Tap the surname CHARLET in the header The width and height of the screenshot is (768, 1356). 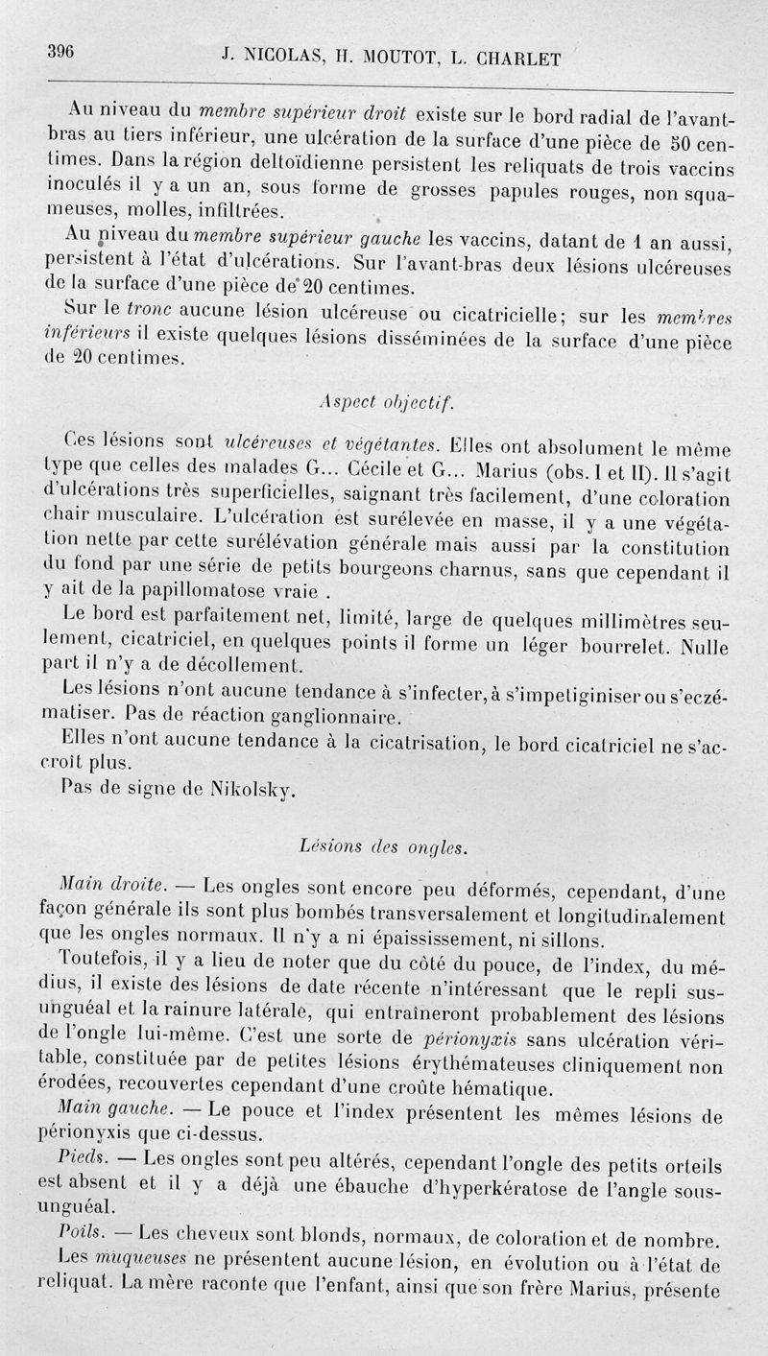506,57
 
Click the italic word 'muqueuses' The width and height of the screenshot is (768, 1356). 135,1256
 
